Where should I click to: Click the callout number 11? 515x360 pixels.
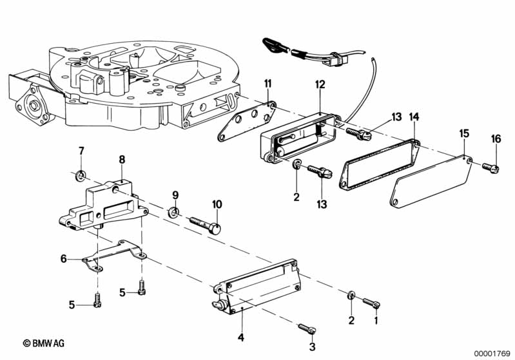pyautogui.click(x=267, y=82)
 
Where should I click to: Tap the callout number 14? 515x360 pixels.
pyautogui.click(x=414, y=117)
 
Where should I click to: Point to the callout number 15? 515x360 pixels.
pyautogui.click(x=464, y=133)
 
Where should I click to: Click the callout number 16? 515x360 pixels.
pyautogui.click(x=495, y=138)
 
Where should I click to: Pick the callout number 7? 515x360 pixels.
pyautogui.click(x=81, y=151)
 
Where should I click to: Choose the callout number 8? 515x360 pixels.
pyautogui.click(x=122, y=159)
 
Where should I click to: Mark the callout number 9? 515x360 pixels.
pyautogui.click(x=174, y=194)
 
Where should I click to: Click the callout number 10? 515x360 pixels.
pyautogui.click(x=217, y=204)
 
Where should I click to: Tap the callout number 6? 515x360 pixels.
pyautogui.click(x=63, y=258)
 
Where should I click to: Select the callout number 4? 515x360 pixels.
pyautogui.click(x=240, y=336)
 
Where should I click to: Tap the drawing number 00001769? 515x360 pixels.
pyautogui.click(x=492, y=352)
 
